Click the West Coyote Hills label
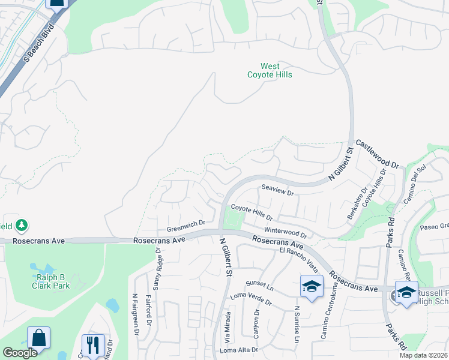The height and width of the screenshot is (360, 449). coord(270,70)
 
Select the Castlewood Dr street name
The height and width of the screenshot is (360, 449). coord(378,154)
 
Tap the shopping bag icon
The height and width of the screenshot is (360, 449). coord(38,338)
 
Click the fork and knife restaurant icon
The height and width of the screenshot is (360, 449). coord(92,345)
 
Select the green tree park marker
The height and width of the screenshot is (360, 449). coord(22,226)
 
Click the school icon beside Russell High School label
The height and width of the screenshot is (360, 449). coord(407,293)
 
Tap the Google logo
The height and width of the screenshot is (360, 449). coord(20,353)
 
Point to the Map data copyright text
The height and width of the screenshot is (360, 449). coord(424,355)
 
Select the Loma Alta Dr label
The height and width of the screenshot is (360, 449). coord(239,350)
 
